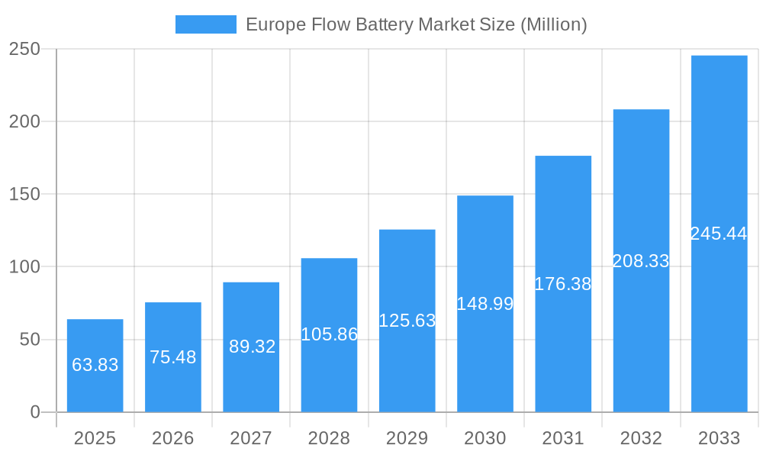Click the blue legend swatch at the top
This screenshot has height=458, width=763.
pos(206,24)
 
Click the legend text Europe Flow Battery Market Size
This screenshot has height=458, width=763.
pos(416,24)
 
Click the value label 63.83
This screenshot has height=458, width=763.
pos(95,365)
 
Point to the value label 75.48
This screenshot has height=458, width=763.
pos(173,357)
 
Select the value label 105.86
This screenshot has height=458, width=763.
pos(330,334)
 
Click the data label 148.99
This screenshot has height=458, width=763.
pos(485,304)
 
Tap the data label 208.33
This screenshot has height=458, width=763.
pos(641,261)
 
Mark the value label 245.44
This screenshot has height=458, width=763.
pos(719,234)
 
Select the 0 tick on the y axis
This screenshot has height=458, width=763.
pos(35,412)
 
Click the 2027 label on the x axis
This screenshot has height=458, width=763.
pos(251,438)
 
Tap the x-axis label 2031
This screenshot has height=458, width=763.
pos(563,438)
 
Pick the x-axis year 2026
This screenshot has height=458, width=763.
pos(173,438)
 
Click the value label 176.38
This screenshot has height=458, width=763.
pos(563,284)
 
